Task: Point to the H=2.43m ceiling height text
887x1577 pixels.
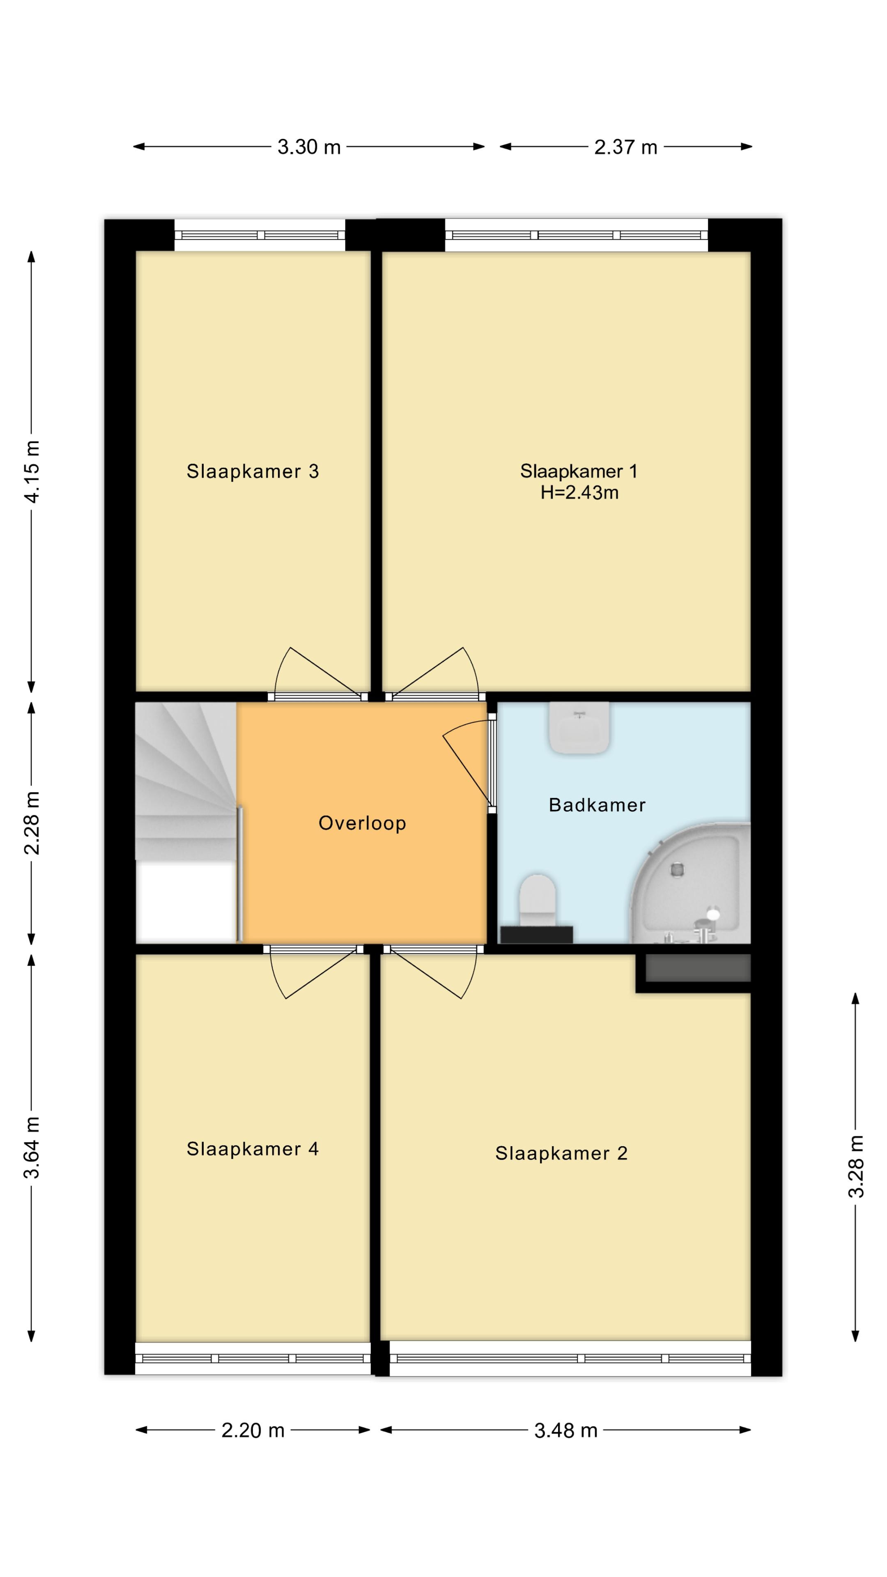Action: pos(579,492)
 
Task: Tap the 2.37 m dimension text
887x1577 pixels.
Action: pos(625,147)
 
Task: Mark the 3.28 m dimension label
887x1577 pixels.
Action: pos(856,1166)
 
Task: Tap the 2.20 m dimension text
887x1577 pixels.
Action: pos(253,1430)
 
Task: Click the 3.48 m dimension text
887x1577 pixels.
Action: pos(565,1430)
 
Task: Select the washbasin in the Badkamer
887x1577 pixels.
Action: pos(579,727)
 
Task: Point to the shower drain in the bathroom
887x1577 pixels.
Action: pos(677,869)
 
